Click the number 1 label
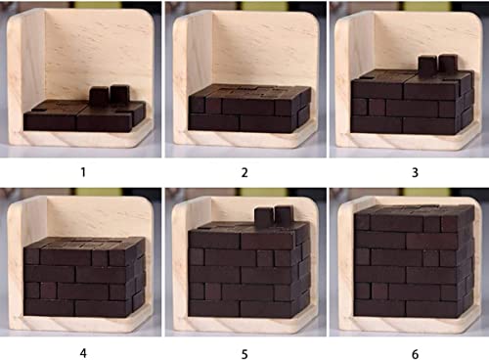(x=82, y=171)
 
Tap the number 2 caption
(x=244, y=171)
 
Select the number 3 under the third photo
(x=407, y=171)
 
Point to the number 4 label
(x=82, y=347)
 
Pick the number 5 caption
(x=244, y=347)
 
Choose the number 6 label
(x=407, y=347)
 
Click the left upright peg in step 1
(x=99, y=95)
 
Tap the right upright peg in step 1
(x=119, y=94)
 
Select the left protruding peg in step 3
(x=426, y=65)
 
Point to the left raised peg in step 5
(x=262, y=215)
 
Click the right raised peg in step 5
(x=283, y=214)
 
